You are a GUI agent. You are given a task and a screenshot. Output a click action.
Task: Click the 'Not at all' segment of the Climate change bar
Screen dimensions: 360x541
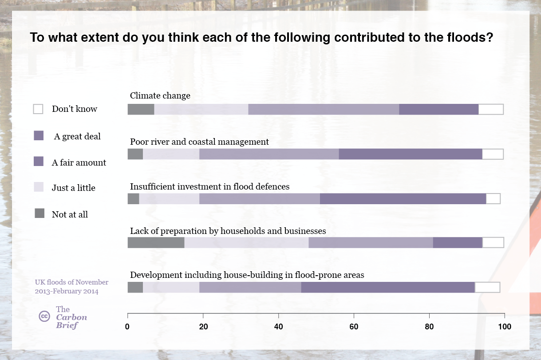pyautogui.click(x=141, y=109)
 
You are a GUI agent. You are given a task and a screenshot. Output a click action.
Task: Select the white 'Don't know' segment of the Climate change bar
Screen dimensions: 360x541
pyautogui.click(x=490, y=109)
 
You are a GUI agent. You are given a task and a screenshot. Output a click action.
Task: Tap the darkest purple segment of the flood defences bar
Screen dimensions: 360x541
pyautogui.click(x=403, y=198)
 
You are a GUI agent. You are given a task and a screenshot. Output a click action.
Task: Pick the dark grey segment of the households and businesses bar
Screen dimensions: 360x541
pyautogui.click(x=156, y=242)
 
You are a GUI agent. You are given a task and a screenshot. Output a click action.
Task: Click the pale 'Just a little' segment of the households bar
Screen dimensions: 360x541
pyautogui.click(x=246, y=242)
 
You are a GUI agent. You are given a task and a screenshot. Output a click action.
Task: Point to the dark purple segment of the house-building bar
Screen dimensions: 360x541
pyautogui.click(x=388, y=287)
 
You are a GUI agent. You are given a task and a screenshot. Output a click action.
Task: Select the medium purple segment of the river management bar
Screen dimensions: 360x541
pyautogui.click(x=269, y=154)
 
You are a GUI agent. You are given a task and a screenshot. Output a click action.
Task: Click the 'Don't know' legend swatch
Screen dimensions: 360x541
pyautogui.click(x=39, y=109)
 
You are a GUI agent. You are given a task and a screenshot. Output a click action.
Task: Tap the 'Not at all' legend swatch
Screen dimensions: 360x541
pyautogui.click(x=39, y=214)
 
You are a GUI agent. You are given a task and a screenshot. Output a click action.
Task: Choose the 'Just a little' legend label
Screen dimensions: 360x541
pyautogui.click(x=73, y=188)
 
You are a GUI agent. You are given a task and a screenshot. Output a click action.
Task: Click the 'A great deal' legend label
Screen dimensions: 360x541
pyautogui.click(x=77, y=136)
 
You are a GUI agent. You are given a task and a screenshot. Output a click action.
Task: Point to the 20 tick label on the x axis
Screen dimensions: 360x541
pyautogui.click(x=203, y=327)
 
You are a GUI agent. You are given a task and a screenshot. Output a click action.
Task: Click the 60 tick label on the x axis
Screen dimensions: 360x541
pyautogui.click(x=354, y=327)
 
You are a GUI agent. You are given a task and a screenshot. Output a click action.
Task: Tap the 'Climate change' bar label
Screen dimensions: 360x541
pyautogui.click(x=160, y=95)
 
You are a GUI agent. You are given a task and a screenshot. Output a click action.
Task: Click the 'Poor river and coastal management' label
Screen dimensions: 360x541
pyautogui.click(x=199, y=142)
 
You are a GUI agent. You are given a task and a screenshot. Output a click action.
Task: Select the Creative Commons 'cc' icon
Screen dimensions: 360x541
pyautogui.click(x=44, y=316)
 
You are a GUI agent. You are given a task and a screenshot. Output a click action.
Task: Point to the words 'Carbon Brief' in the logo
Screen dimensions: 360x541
pyautogui.click(x=71, y=321)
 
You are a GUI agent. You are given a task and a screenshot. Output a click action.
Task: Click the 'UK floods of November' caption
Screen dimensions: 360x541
pyautogui.click(x=71, y=282)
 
